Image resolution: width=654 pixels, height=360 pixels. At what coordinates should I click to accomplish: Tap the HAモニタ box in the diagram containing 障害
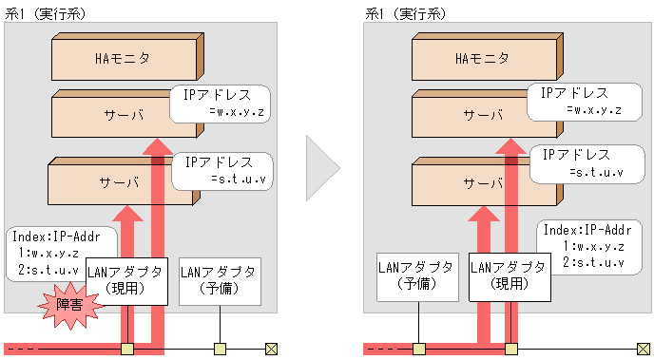(124, 59)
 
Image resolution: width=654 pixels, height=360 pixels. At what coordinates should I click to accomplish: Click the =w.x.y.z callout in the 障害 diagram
(221, 103)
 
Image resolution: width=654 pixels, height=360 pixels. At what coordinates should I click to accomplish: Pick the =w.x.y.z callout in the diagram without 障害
(580, 101)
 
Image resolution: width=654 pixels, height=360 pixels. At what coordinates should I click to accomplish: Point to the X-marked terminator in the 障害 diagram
(270, 349)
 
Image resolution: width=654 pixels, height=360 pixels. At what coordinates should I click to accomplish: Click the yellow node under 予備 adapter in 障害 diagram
(220, 349)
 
